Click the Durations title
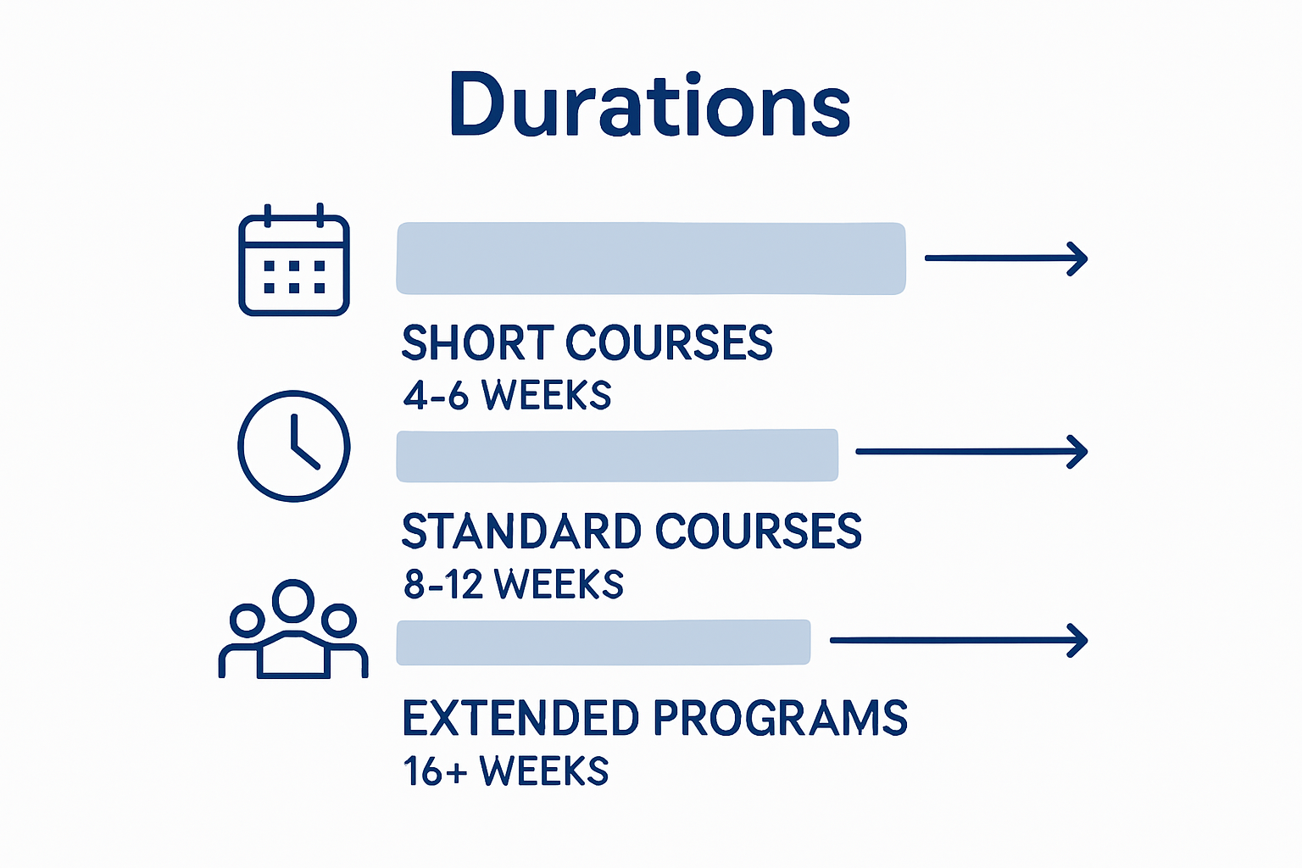pyautogui.click(x=650, y=105)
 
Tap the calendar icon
pyautogui.click(x=294, y=261)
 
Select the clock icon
pyautogui.click(x=294, y=446)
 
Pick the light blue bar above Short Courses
pyautogui.click(x=650, y=259)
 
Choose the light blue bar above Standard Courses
pyautogui.click(x=617, y=455)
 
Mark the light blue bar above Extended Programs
pyautogui.click(x=603, y=643)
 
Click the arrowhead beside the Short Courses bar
pyautogui.click(x=1077, y=259)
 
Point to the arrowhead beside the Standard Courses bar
pyautogui.click(x=1077, y=452)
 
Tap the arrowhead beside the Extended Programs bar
pyautogui.click(x=1077, y=641)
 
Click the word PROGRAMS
pyautogui.click(x=781, y=718)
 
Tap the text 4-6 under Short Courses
pyautogui.click(x=436, y=396)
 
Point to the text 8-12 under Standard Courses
pyautogui.click(x=442, y=585)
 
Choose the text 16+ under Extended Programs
pyautogui.click(x=434, y=771)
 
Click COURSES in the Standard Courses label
pyautogui.click(x=758, y=531)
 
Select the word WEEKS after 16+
pyautogui.click(x=544, y=771)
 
